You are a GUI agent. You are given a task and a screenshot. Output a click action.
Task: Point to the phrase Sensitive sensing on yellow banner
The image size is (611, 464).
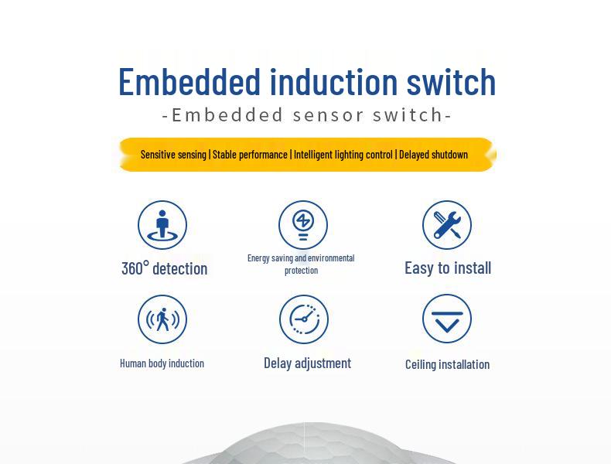pyautogui.click(x=173, y=155)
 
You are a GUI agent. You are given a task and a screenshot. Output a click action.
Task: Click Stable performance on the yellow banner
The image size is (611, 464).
pyautogui.click(x=250, y=155)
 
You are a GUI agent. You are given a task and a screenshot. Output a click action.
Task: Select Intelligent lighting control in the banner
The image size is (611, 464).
pyautogui.click(x=343, y=155)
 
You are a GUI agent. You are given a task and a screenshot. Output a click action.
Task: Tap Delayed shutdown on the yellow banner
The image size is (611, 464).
pyautogui.click(x=433, y=155)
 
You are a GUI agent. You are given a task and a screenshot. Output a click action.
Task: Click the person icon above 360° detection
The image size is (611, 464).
pyautogui.click(x=162, y=225)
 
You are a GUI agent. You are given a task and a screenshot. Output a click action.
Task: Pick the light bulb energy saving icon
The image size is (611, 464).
pyautogui.click(x=303, y=225)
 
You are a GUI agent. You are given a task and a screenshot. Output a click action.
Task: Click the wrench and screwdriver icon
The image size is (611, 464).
pyautogui.click(x=447, y=225)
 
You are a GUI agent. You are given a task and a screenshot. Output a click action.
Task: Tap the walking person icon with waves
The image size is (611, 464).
pyautogui.click(x=162, y=319)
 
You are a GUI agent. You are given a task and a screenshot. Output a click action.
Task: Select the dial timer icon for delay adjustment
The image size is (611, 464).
pyautogui.click(x=304, y=319)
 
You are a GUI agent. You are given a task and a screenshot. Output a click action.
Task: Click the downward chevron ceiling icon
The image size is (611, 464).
pyautogui.click(x=447, y=319)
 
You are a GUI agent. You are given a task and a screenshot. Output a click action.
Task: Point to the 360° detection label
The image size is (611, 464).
pyautogui.click(x=164, y=268)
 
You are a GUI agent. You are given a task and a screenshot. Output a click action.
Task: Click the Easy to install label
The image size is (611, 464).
pyautogui.click(x=448, y=268)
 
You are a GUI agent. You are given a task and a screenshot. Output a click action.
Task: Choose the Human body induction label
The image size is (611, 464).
pyautogui.click(x=162, y=363)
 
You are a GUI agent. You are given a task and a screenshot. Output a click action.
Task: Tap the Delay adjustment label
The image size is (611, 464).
pyautogui.click(x=307, y=363)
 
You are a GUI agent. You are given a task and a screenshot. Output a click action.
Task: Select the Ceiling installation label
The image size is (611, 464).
pyautogui.click(x=447, y=364)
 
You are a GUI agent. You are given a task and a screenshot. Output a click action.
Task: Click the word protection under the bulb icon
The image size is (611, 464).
pyautogui.click(x=301, y=271)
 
